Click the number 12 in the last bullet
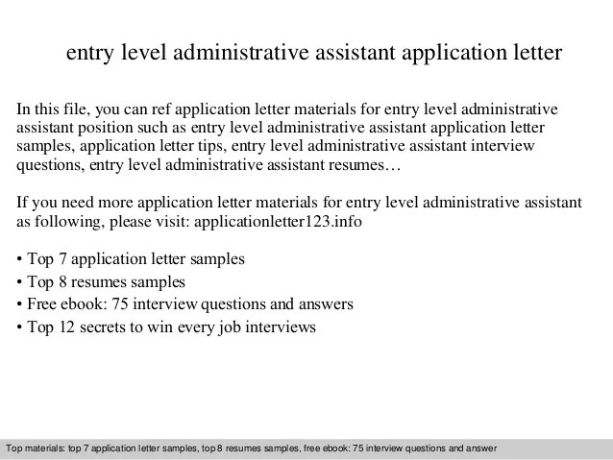(67, 326)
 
